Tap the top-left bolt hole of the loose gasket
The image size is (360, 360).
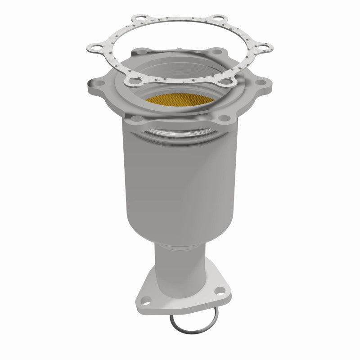134,19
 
